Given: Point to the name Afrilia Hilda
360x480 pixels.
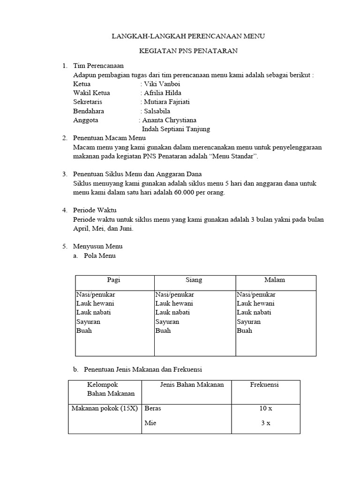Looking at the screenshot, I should [x=163, y=93].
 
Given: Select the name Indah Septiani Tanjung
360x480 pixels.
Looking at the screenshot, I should [x=176, y=129].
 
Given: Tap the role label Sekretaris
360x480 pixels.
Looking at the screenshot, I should [x=88, y=102].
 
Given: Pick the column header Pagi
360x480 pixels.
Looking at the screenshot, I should [x=114, y=280].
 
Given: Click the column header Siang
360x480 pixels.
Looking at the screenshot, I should [x=194, y=280].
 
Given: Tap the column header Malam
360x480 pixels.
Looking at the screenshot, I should [x=275, y=280].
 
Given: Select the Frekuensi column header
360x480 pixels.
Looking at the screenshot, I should [x=264, y=385].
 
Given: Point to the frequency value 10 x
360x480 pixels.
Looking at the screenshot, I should [x=266, y=408].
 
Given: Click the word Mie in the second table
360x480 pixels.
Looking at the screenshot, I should [x=150, y=423].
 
